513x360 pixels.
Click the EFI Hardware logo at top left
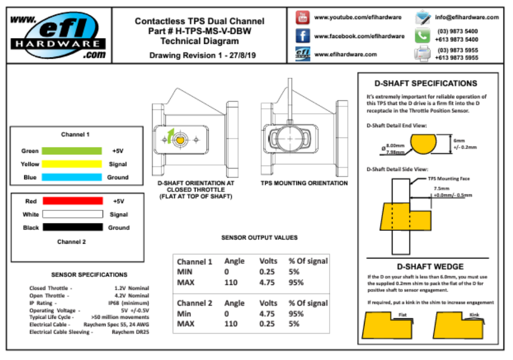coord(58,35)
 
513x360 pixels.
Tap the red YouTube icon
coord(302,17)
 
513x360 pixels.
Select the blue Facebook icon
coord(302,36)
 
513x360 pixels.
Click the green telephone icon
coord(423,35)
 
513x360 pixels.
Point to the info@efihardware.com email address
coord(467,17)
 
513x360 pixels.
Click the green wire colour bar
coord(72,151)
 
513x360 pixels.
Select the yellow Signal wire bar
coord(72,164)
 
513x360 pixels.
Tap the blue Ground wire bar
coord(72,177)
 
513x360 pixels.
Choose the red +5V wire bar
coord(72,201)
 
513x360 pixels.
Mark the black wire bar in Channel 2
coord(72,227)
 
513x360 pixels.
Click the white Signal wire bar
coord(72,215)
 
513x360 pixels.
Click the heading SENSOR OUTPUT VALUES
coord(259,238)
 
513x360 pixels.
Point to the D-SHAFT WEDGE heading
coord(430,266)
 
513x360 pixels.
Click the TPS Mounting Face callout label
coord(449,179)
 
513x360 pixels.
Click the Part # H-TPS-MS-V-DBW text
coord(199,31)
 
